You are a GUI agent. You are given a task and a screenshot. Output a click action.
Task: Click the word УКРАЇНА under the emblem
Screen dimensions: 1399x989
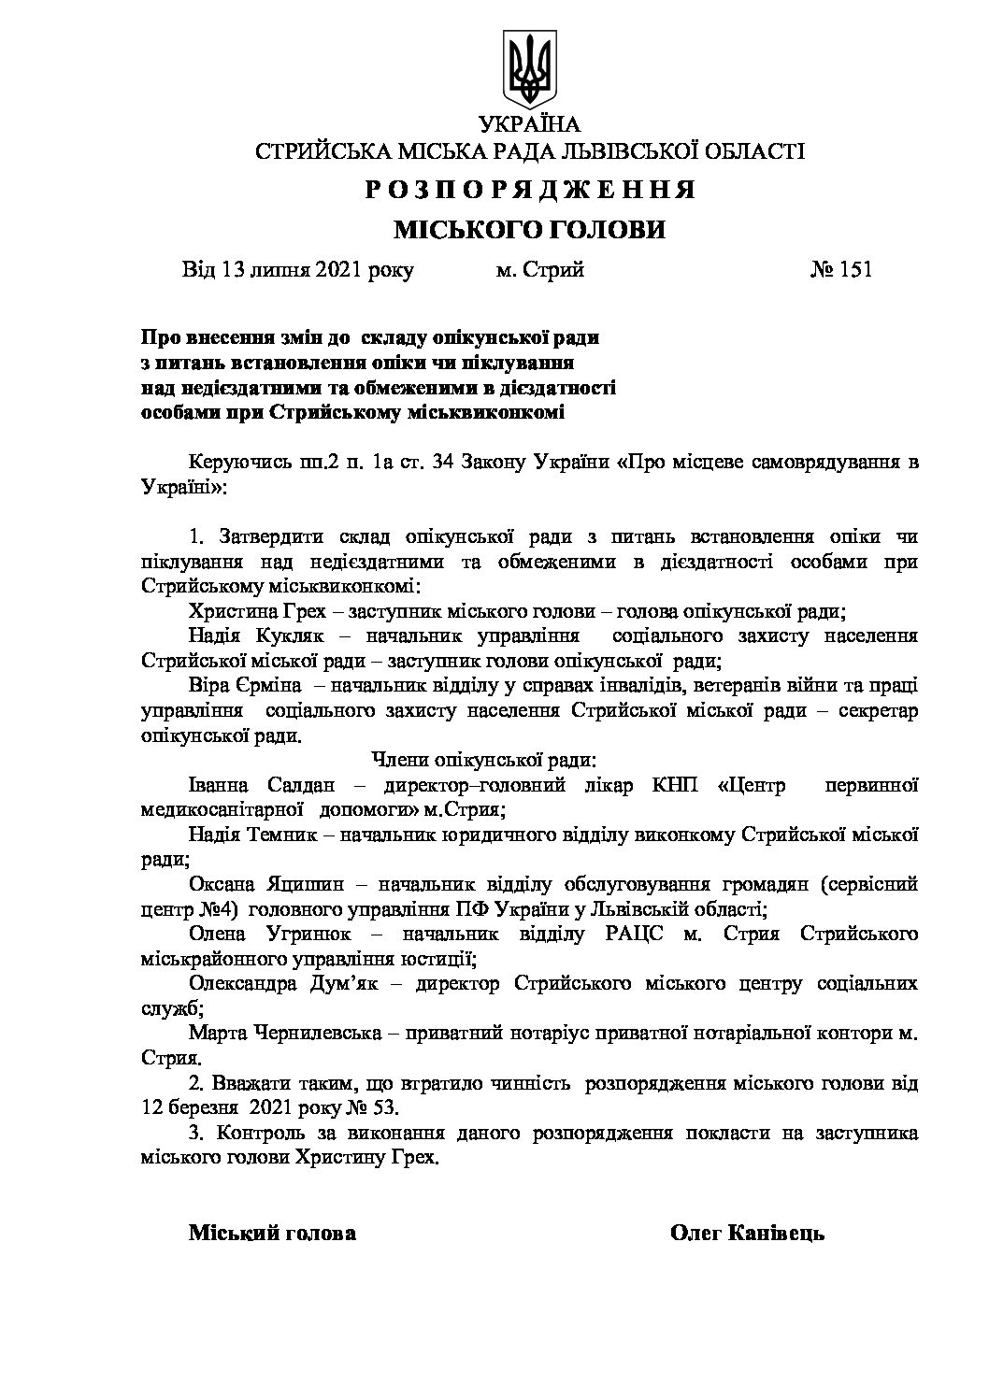pyautogui.click(x=529, y=124)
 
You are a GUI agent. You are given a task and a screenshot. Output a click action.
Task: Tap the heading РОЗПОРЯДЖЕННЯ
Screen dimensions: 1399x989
pyautogui.click(x=529, y=190)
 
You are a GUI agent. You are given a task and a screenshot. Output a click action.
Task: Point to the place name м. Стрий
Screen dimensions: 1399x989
pyautogui.click(x=539, y=270)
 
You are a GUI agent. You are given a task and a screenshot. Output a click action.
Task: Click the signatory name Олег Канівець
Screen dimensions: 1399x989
pyautogui.click(x=747, y=1233)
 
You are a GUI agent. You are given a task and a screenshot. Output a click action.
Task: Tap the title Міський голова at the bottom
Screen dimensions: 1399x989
pyautogui.click(x=272, y=1233)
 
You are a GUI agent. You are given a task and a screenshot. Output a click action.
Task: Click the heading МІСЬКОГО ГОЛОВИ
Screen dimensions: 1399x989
pyautogui.click(x=529, y=230)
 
